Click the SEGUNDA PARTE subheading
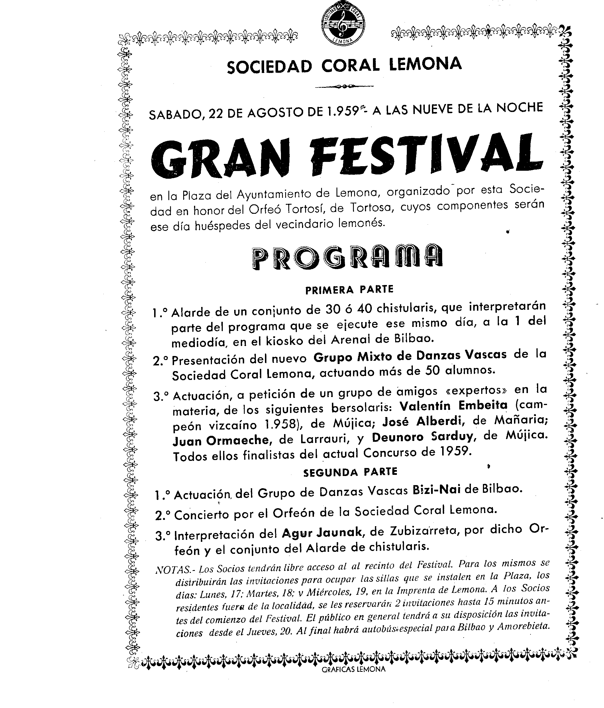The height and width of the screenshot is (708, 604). (x=350, y=472)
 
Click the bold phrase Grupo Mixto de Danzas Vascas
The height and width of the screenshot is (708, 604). (x=410, y=356)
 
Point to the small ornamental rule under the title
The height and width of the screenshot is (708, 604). (x=344, y=86)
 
